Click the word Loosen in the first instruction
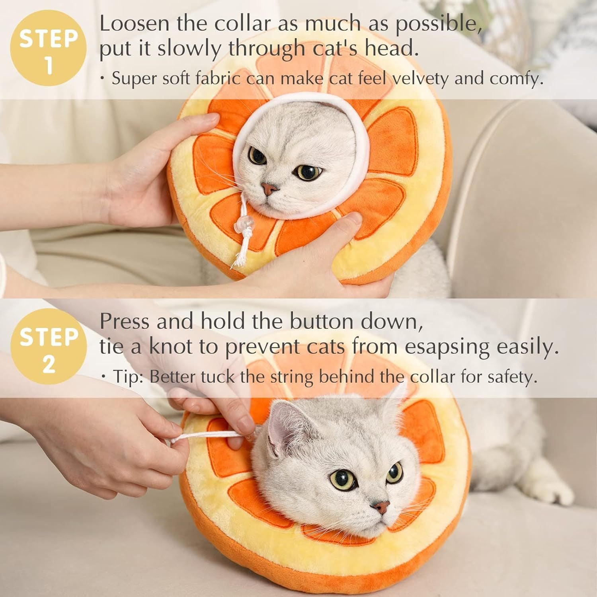(x=135, y=24)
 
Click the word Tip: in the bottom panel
(x=128, y=377)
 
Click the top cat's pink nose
(x=269, y=188)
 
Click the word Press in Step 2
(x=124, y=322)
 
